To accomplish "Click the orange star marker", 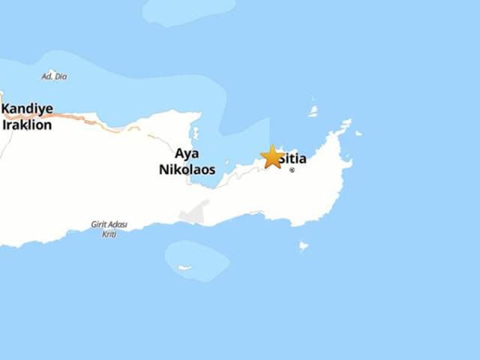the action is tap(272, 157).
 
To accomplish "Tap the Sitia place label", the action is tap(293, 158).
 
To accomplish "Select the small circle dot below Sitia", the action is tap(292, 170).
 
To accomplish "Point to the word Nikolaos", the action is tap(187, 169).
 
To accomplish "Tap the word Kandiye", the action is tap(27, 109).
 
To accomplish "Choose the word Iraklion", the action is tap(27, 124).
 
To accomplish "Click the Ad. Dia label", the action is tap(53, 76).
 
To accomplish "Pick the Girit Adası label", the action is tap(109, 224).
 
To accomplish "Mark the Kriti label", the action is tap(109, 234).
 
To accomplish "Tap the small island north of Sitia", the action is tap(313, 111).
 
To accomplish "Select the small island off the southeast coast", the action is tap(303, 245).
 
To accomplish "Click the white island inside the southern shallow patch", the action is tap(184, 267).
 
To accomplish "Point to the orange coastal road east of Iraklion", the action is tap(82, 120).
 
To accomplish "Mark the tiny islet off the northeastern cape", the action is tap(358, 133).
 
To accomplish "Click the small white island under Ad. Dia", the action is tap(52, 73).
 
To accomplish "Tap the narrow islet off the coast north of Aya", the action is tap(195, 133).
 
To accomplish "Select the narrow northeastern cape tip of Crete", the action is tap(346, 123).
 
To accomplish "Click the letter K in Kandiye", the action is tap(6, 109).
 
